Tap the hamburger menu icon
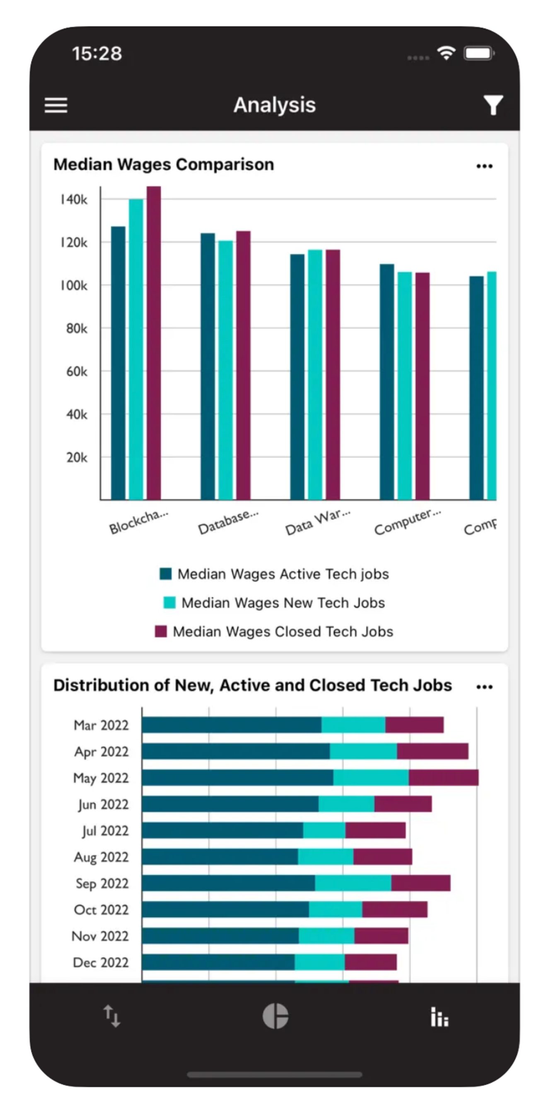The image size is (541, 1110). (x=56, y=105)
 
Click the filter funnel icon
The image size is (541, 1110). (x=493, y=105)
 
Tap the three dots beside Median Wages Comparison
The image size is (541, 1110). (x=485, y=166)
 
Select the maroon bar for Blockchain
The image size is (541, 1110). (x=154, y=343)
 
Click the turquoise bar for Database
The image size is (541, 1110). (x=225, y=370)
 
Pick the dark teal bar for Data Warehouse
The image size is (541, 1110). (x=297, y=377)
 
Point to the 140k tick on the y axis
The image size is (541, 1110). (x=74, y=200)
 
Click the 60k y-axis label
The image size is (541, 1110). (x=77, y=371)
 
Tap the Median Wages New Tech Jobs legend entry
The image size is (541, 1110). (x=274, y=602)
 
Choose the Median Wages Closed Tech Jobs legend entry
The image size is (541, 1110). (x=274, y=631)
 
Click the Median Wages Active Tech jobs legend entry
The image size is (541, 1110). (x=274, y=574)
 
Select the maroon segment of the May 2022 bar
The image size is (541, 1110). (x=444, y=778)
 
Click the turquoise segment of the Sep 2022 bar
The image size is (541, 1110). (x=353, y=883)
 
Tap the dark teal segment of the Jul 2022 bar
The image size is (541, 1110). (x=222, y=831)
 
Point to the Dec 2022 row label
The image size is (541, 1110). (x=101, y=962)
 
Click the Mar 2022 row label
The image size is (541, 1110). (x=101, y=725)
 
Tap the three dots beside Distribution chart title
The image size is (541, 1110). (x=485, y=687)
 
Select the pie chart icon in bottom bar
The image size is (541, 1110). (x=275, y=1016)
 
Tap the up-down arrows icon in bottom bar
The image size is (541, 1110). (x=112, y=1016)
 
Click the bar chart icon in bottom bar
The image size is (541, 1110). (x=440, y=1017)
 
